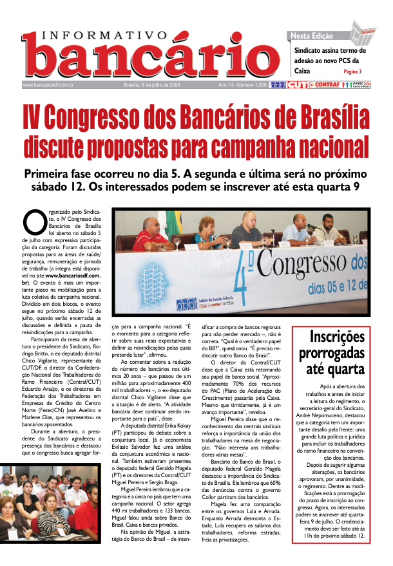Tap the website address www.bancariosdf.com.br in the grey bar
[48, 84]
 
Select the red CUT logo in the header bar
[297, 84]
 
